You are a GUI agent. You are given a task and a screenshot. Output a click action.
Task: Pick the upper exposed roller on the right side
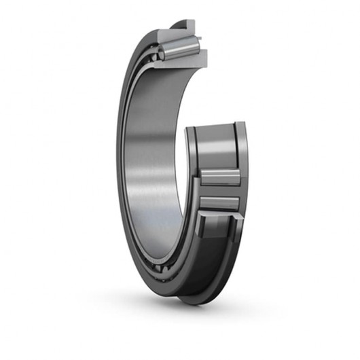(219, 178)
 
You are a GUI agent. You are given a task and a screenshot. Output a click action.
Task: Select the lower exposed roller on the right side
(219, 203)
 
